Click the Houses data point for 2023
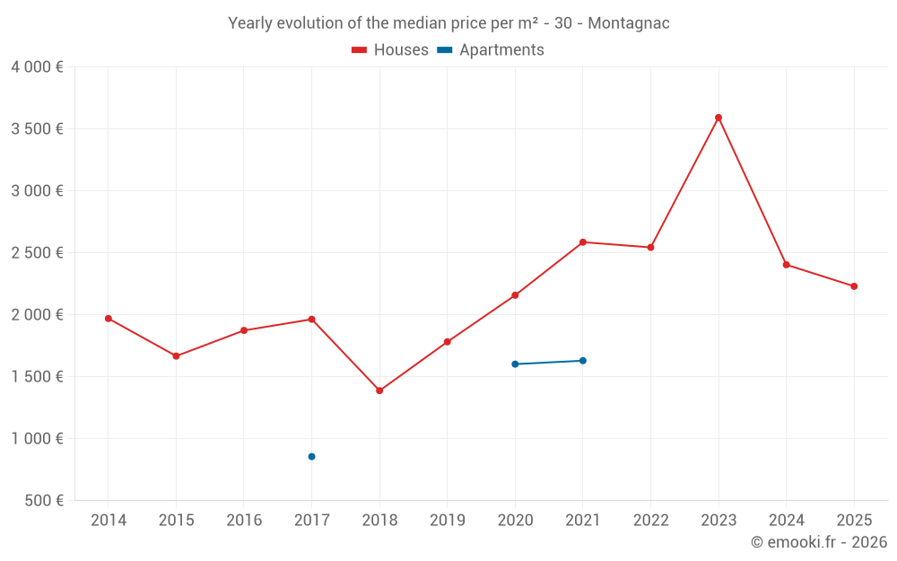click(x=718, y=118)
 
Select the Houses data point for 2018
click(x=379, y=390)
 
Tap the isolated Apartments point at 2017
click(x=311, y=457)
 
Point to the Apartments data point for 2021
click(x=583, y=361)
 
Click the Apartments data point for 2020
click(x=515, y=364)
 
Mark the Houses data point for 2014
click(x=109, y=319)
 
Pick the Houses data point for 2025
click(x=854, y=286)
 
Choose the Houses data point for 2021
click(x=583, y=242)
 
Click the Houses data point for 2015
click(x=176, y=356)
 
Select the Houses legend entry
click(x=390, y=50)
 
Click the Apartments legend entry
click(x=491, y=50)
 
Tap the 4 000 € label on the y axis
click(x=37, y=67)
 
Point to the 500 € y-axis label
click(x=42, y=501)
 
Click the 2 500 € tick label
click(x=37, y=253)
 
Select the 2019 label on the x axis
click(x=447, y=521)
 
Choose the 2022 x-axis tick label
click(x=650, y=521)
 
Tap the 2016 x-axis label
click(x=244, y=521)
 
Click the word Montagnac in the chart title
click(x=628, y=23)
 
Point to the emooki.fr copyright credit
click(x=819, y=542)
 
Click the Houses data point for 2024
click(x=787, y=265)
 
